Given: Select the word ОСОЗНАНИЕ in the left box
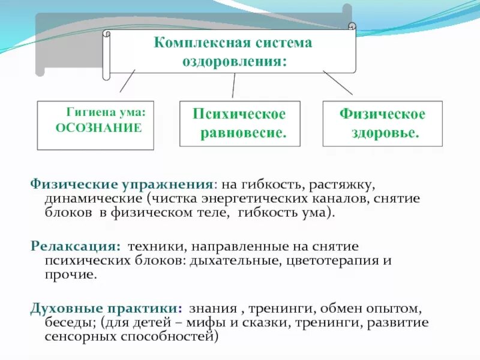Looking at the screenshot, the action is pyautogui.click(x=98, y=127).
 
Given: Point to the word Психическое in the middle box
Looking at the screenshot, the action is pyautogui.click(x=239, y=114).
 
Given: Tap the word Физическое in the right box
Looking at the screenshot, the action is pyautogui.click(x=382, y=114).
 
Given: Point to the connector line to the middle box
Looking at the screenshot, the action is pyautogui.click(x=233, y=86).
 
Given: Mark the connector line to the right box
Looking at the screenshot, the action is pyautogui.click(x=338, y=82).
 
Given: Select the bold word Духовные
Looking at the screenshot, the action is pyautogui.click(x=61, y=308).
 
